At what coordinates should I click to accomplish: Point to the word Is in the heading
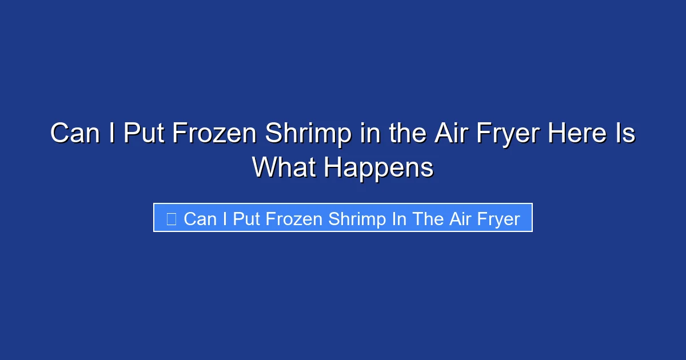624,134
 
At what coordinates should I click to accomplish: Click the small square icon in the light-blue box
171,218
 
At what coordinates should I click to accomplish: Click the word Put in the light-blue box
247,218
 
